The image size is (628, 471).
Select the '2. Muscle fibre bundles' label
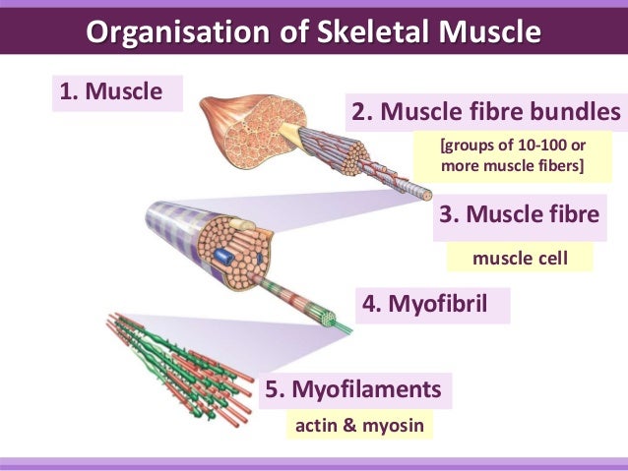click(487, 111)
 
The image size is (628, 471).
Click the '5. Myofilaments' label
click(358, 389)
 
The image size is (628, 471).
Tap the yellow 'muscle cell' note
click(520, 259)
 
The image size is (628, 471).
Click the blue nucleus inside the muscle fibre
click(226, 259)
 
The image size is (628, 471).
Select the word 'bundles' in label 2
click(577, 111)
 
